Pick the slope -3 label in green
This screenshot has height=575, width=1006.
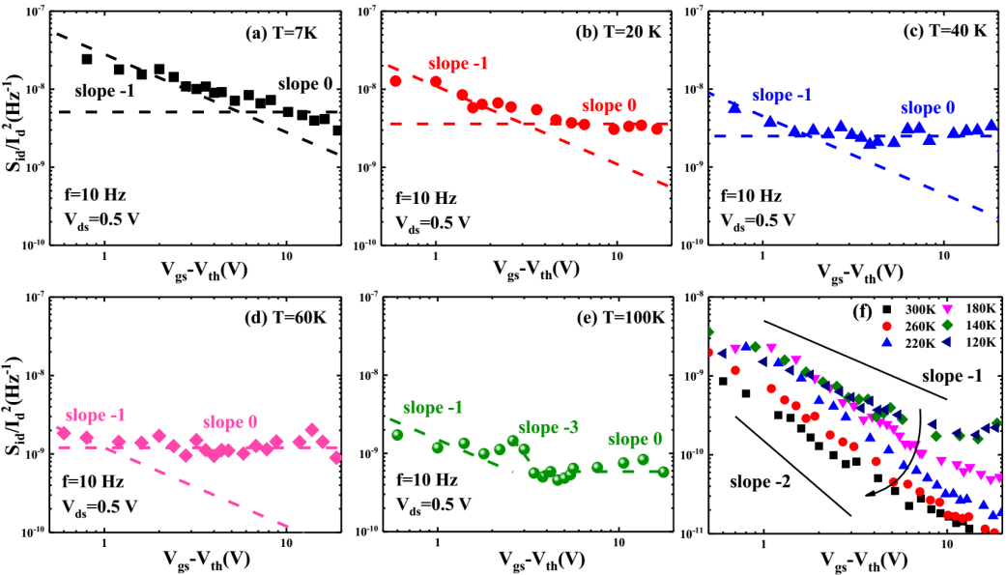click(550, 427)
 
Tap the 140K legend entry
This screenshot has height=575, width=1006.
click(970, 327)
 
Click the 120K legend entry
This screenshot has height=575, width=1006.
click(970, 343)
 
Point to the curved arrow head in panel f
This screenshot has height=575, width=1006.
click(869, 494)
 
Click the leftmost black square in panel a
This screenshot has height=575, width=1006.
click(87, 59)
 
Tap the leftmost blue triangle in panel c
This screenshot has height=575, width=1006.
click(734, 106)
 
